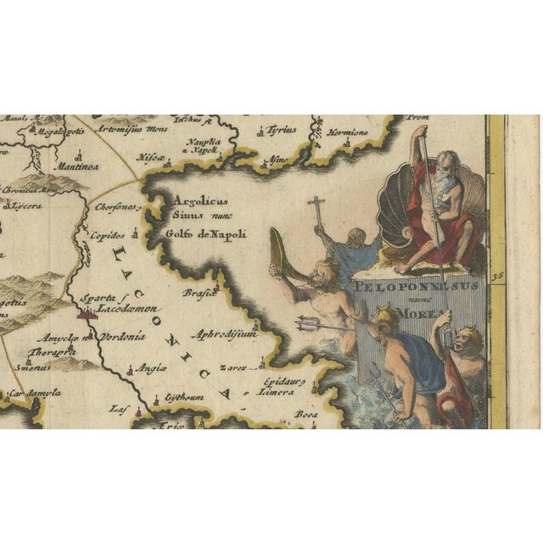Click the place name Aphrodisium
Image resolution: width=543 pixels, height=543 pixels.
pyautogui.click(x=224, y=335)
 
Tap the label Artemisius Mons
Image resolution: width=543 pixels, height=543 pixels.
pyautogui.click(x=131, y=130)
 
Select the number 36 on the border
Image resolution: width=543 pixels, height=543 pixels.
pyautogui.click(x=497, y=274)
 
